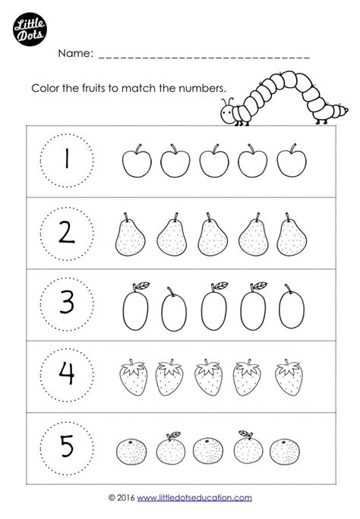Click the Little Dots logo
[x=30, y=29]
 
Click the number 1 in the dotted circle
[x=68, y=159]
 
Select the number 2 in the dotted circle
[x=67, y=233]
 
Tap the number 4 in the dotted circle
[x=67, y=373]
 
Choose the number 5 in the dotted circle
[x=67, y=446]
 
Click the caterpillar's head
[x=228, y=113]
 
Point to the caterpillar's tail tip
[x=347, y=109]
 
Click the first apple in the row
[x=137, y=161]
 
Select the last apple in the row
[x=292, y=161]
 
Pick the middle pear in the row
[x=213, y=234]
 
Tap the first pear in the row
[x=130, y=234]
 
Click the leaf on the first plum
[x=141, y=285]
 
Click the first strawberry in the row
[x=133, y=377]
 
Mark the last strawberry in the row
[x=289, y=377]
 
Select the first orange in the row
[x=131, y=451]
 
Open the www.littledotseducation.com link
[x=194, y=498]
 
